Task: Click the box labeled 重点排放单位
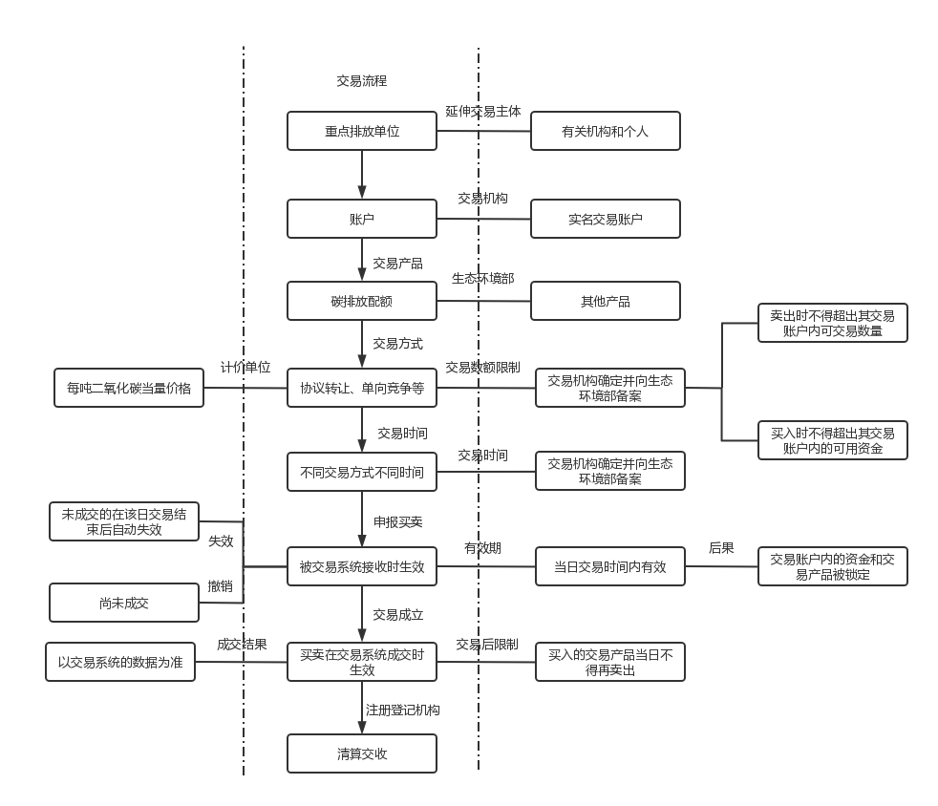pyautogui.click(x=362, y=131)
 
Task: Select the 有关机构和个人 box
pyautogui.click(x=605, y=131)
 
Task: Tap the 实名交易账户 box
pyautogui.click(x=605, y=219)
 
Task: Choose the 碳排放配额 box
pyautogui.click(x=362, y=301)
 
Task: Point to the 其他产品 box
pyautogui.click(x=605, y=301)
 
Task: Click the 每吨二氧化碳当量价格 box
pyautogui.click(x=129, y=388)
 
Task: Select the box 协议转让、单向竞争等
pyautogui.click(x=362, y=388)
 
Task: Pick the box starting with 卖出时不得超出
pyautogui.click(x=832, y=323)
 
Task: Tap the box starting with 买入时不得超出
pyautogui.click(x=832, y=440)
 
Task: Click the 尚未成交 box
pyautogui.click(x=124, y=604)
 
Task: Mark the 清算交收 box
pyautogui.click(x=362, y=753)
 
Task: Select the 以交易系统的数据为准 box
pyautogui.click(x=120, y=662)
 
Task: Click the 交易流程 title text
pyautogui.click(x=362, y=81)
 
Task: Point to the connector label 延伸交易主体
pyautogui.click(x=483, y=111)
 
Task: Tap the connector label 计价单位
pyautogui.click(x=245, y=368)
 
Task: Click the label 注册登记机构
pyautogui.click(x=403, y=711)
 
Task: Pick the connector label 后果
pyautogui.click(x=721, y=548)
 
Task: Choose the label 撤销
pyautogui.click(x=221, y=586)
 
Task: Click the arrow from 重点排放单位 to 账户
pyautogui.click(x=362, y=175)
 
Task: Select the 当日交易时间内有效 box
pyautogui.click(x=610, y=566)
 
